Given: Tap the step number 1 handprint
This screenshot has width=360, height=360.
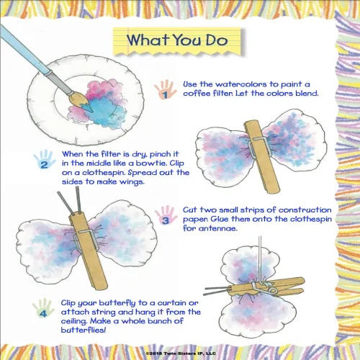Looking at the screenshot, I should [x=165, y=90].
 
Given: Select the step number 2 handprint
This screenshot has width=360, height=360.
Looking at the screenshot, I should [x=45, y=160].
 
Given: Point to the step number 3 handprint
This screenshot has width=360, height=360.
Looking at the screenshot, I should [x=165, y=215].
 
